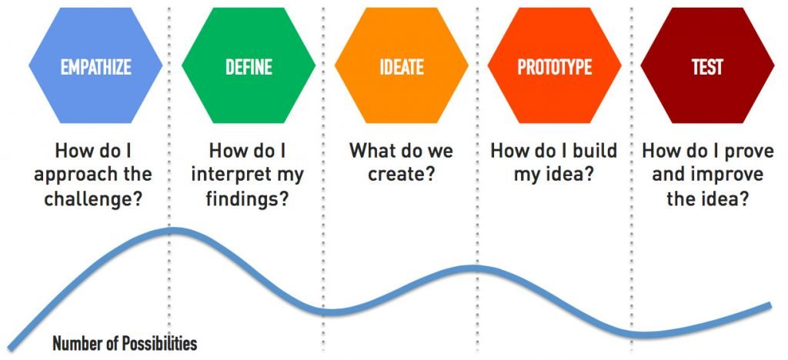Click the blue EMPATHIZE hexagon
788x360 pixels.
(95, 65)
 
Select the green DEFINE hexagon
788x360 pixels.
(249, 65)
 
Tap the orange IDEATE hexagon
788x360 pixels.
(402, 65)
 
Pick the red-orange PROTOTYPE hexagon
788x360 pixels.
(554, 65)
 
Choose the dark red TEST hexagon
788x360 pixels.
(707, 65)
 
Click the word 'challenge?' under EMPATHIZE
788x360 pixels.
(93, 199)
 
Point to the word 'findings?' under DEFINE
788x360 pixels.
(248, 199)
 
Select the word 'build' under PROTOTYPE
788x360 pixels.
(592, 151)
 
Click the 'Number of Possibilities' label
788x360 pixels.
(125, 344)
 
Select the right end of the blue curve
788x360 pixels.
(770, 305)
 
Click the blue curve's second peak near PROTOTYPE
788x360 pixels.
(475, 268)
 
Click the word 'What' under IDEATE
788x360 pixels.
(371, 151)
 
